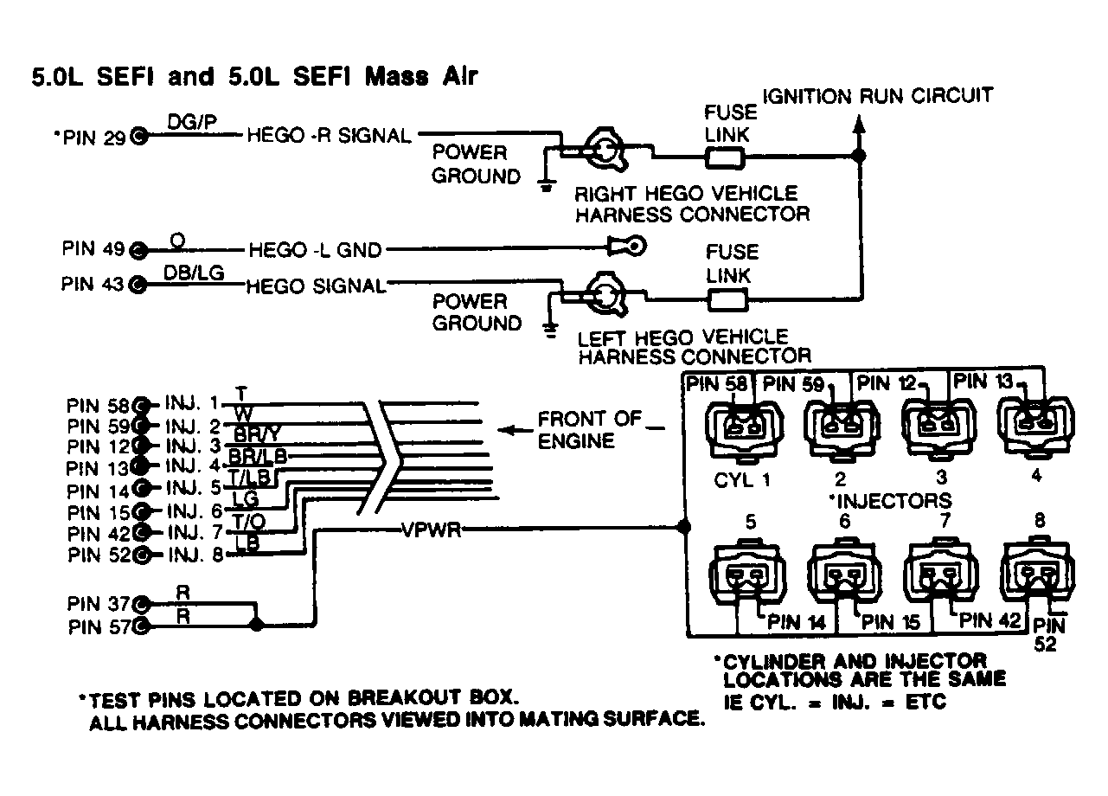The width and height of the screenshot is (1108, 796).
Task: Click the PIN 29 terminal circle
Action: click(138, 136)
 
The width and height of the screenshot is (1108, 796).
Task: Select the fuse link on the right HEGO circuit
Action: click(725, 157)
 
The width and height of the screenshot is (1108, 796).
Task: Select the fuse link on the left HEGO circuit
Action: click(725, 299)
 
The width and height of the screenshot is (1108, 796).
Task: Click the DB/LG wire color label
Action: click(194, 272)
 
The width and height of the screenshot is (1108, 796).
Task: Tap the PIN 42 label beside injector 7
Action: click(990, 619)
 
